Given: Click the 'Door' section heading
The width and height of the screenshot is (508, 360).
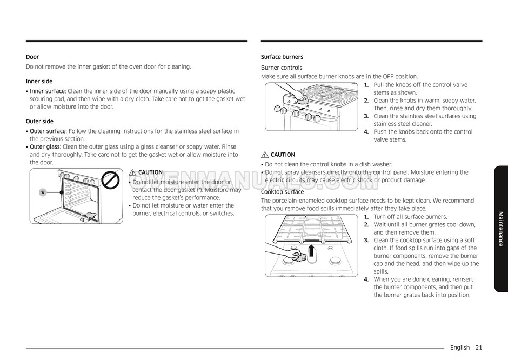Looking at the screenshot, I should point(32,57).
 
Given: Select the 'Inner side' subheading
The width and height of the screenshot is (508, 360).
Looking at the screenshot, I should point(39,81).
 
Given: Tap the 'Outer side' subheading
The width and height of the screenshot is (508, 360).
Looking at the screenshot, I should point(39,121).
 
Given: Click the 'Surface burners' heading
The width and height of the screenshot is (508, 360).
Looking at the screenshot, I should point(282,57).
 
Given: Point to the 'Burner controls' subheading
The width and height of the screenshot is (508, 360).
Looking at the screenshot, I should point(282,68).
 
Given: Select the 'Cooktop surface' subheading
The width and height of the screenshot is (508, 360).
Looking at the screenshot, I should point(282,192).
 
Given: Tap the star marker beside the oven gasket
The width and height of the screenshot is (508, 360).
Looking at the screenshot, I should point(42,193).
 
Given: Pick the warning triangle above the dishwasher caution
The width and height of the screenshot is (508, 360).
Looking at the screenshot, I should point(265,155).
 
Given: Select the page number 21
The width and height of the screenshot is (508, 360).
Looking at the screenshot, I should point(479,348).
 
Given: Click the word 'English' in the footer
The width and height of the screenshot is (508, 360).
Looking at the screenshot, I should point(460,348).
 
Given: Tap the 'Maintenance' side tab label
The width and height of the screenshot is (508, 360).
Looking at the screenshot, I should point(500,229).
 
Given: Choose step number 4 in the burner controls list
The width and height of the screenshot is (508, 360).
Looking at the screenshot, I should point(366,131).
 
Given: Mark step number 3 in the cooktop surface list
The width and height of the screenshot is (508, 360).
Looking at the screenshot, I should point(366,241).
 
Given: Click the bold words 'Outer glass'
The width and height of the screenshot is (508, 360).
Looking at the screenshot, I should point(45,146).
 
